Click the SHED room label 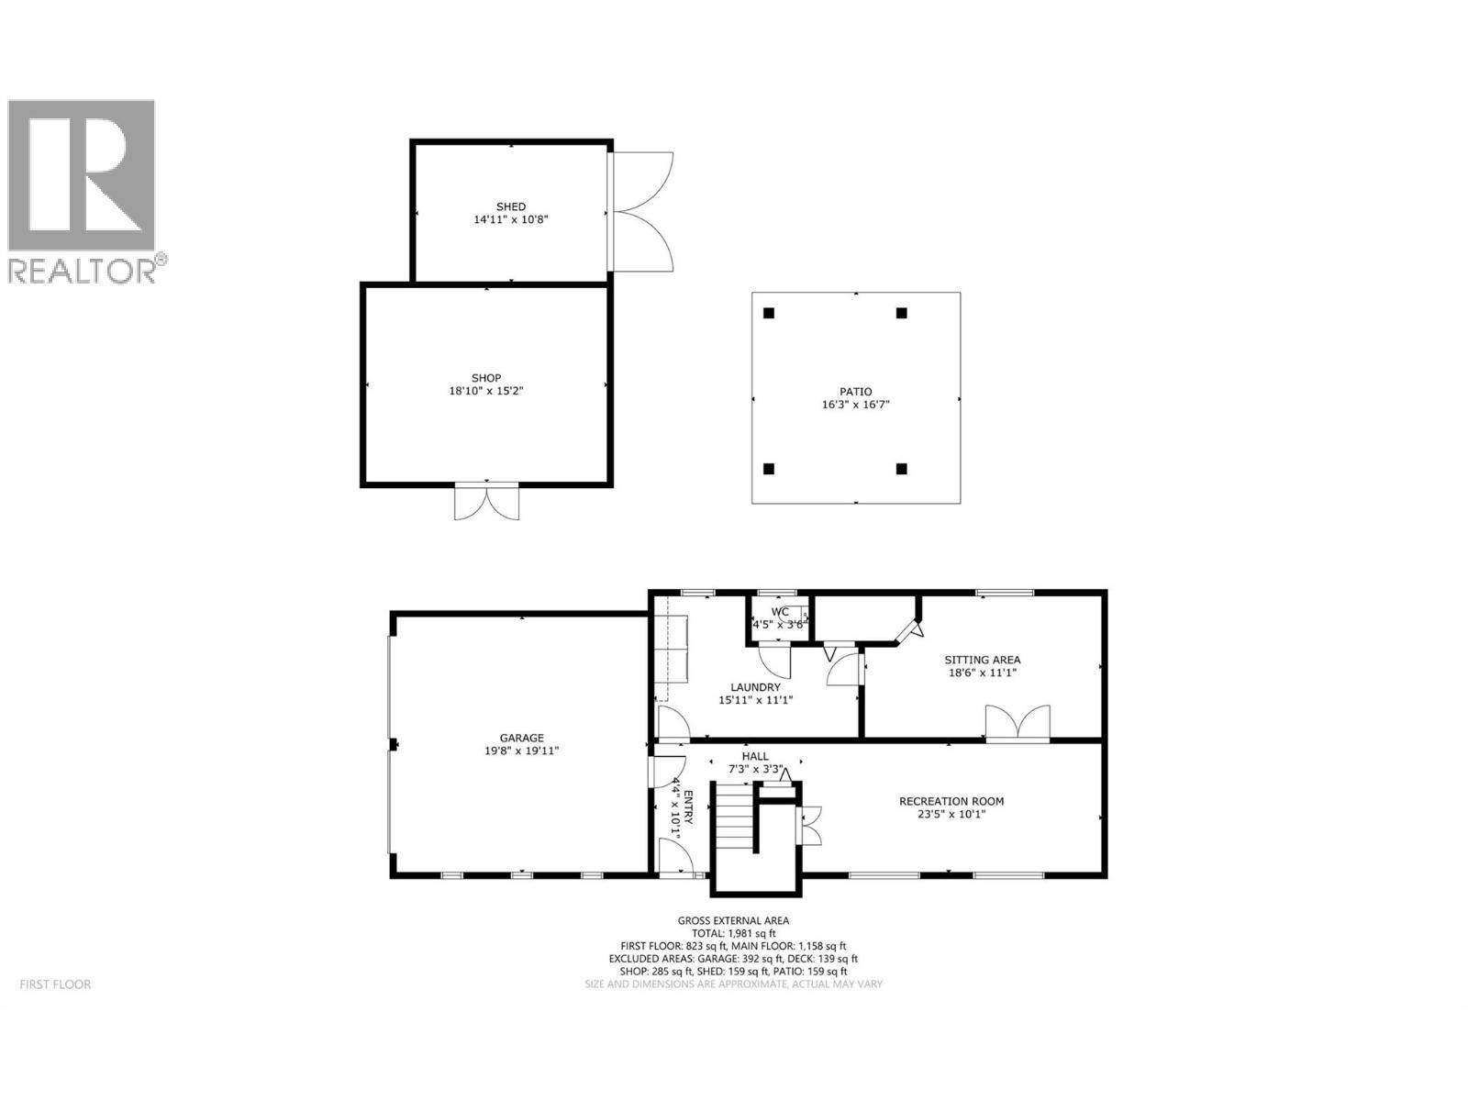pos(511,206)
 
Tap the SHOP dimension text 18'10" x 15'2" pos(486,391)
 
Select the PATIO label pos(856,392)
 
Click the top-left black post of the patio pos(769,313)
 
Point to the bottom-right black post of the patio pos(901,469)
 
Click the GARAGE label pos(521,738)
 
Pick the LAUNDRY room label pos(755,687)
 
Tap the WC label pos(780,612)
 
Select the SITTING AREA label pos(983,660)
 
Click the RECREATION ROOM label pos(951,801)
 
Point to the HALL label pos(755,757)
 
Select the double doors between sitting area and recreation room pos(1018,722)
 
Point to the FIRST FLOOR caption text pos(56,984)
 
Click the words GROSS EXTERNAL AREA pos(733,920)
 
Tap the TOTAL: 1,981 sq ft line pos(733,933)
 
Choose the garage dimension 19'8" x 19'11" pos(521,751)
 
